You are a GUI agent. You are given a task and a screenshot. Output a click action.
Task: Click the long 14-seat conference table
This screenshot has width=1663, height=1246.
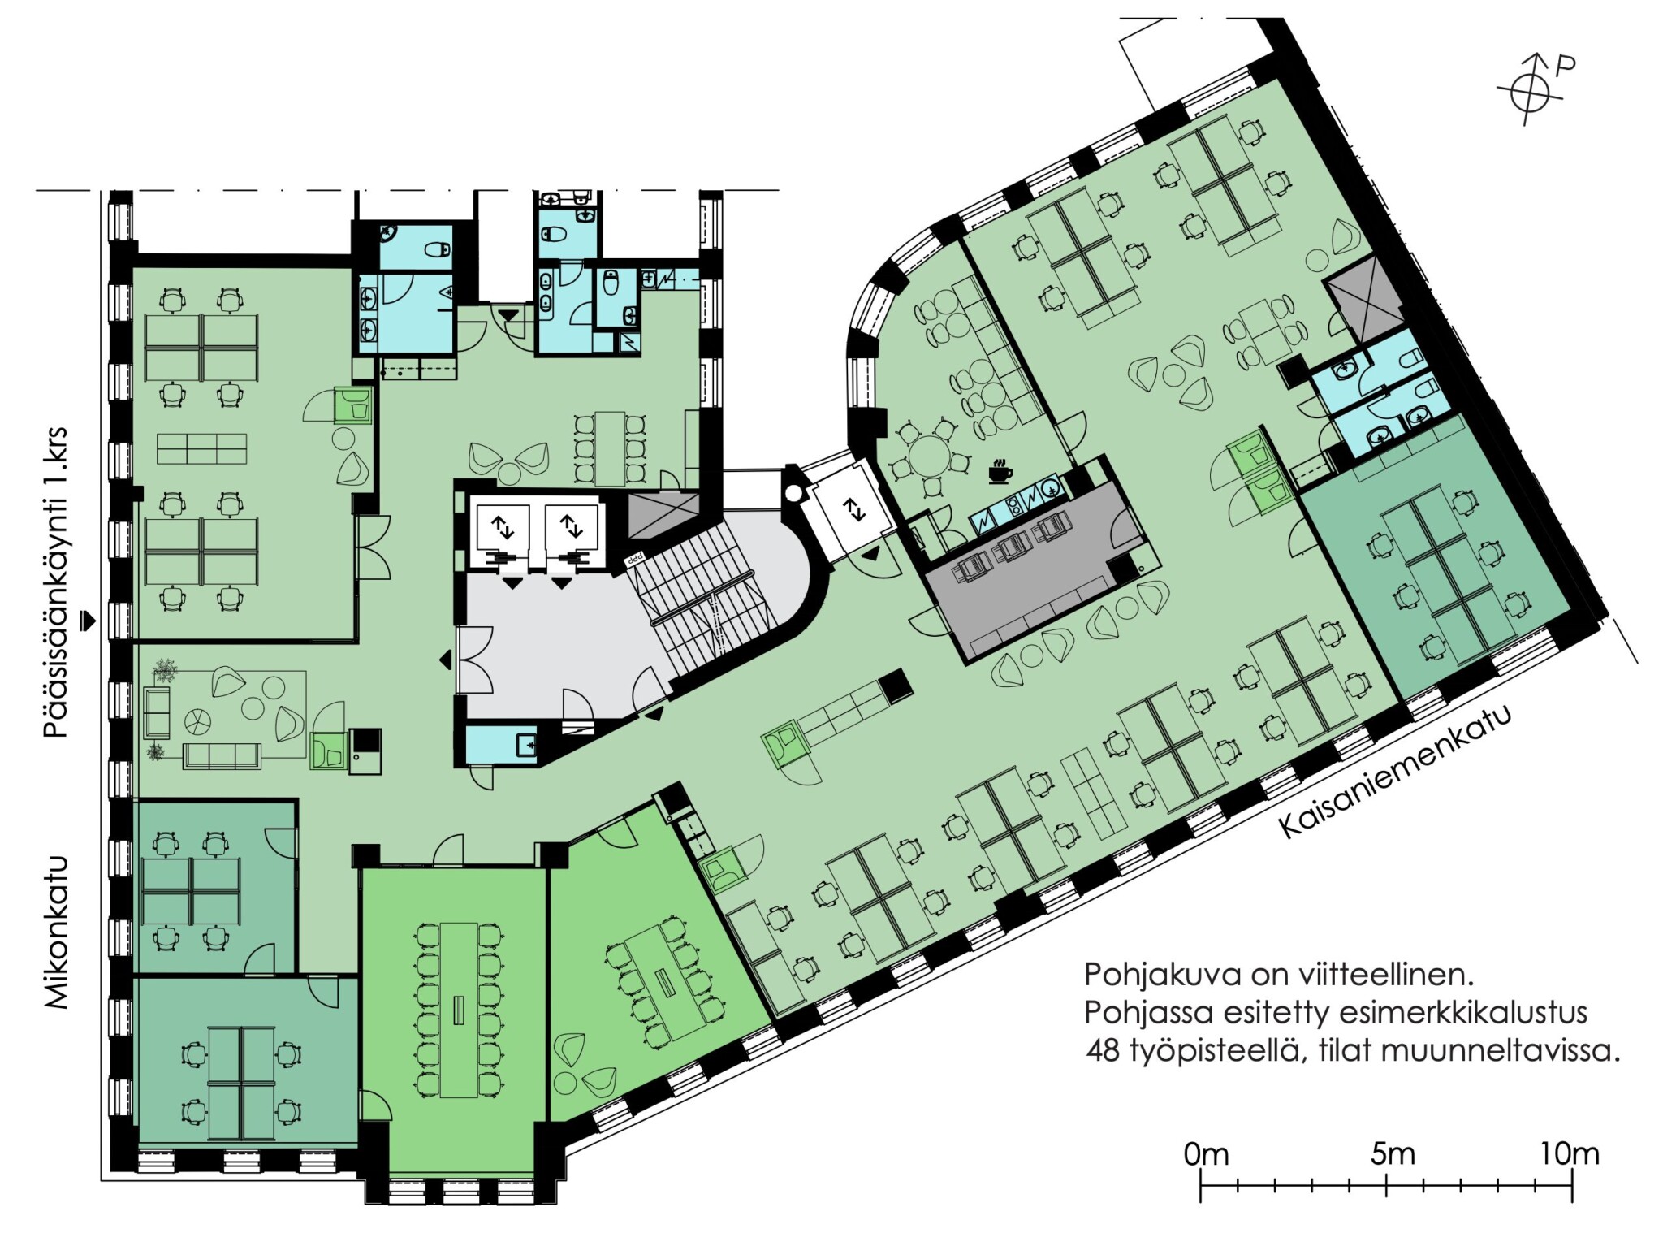pyautogui.click(x=459, y=1010)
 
